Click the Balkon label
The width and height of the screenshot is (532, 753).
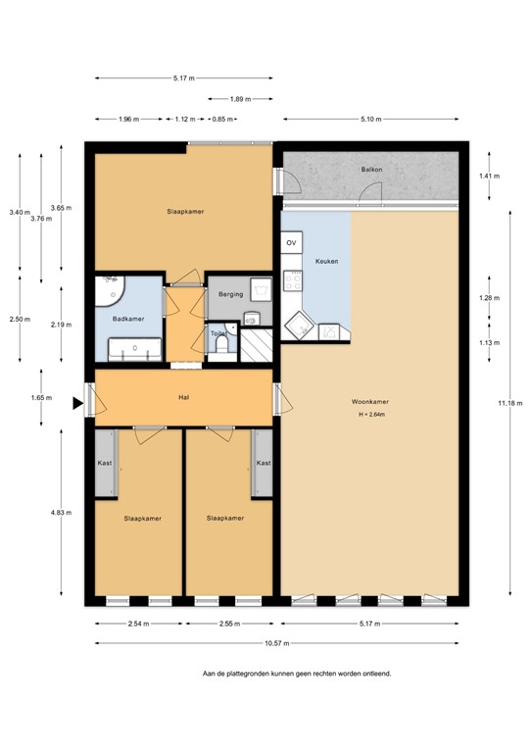click(x=371, y=170)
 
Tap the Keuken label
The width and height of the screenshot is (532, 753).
click(x=326, y=262)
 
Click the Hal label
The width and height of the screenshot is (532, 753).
click(x=183, y=398)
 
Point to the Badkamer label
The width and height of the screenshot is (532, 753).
click(x=128, y=319)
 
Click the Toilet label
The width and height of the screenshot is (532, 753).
click(x=218, y=332)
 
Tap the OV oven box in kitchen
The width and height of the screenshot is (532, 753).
click(x=291, y=242)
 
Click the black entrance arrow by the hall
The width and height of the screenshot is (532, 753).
click(x=77, y=402)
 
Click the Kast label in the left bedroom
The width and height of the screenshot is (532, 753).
click(x=104, y=463)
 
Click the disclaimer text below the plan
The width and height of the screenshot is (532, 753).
click(x=297, y=674)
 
